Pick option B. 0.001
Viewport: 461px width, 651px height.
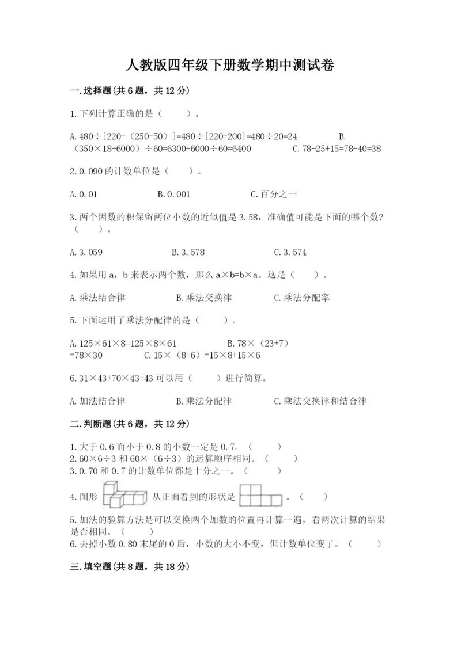click(x=173, y=195)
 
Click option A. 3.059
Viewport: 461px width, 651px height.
click(x=86, y=252)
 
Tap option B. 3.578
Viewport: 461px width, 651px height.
click(x=188, y=252)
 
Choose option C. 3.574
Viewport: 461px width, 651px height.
click(x=290, y=252)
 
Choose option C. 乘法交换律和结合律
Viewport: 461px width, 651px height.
click(x=320, y=401)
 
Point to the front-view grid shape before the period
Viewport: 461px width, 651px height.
click(x=260, y=495)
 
